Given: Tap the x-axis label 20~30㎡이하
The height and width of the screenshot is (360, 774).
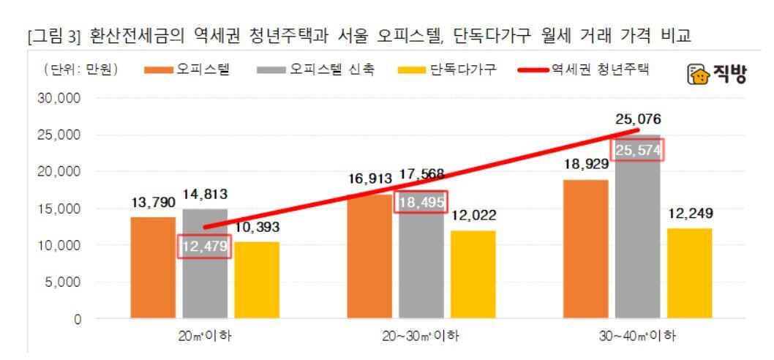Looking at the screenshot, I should (422, 337).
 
